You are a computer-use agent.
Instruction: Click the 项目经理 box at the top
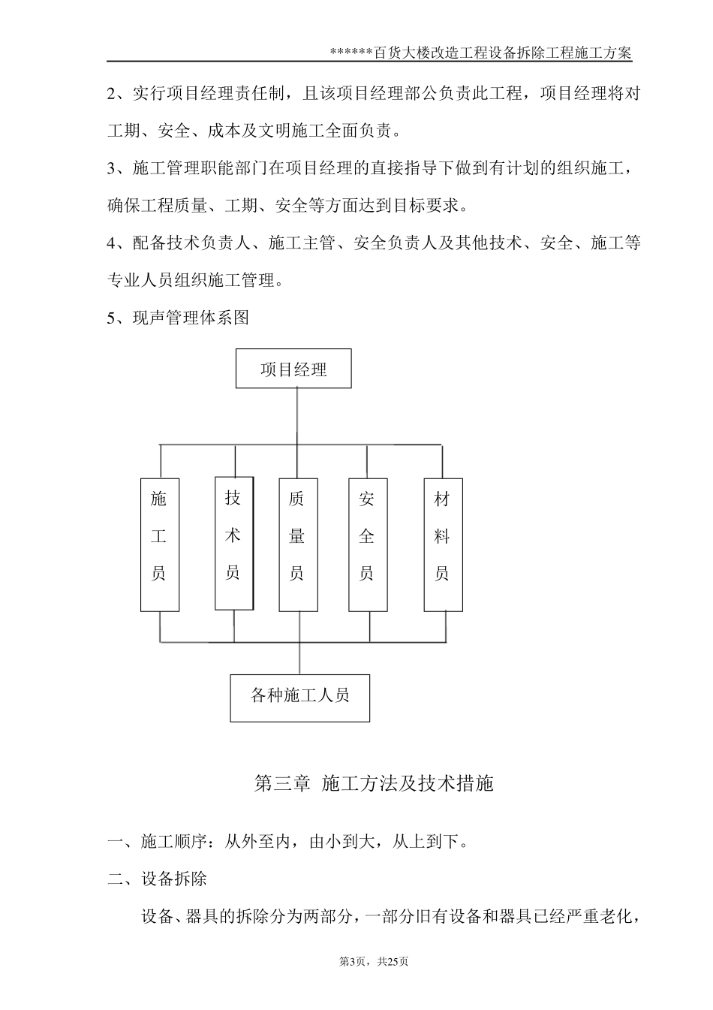(x=293, y=369)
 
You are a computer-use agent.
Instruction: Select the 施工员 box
(x=159, y=544)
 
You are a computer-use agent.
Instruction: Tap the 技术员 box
(x=233, y=543)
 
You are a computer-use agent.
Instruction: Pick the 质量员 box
(x=298, y=544)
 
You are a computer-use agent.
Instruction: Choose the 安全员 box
(x=368, y=544)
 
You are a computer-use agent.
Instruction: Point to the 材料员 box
(x=443, y=544)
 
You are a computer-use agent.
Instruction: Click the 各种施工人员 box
(x=299, y=695)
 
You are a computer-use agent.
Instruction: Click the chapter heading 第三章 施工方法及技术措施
(x=374, y=784)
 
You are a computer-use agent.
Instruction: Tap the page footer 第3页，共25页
(x=373, y=961)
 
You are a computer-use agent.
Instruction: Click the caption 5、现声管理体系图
(x=177, y=318)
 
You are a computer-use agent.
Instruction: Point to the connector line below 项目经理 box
(x=298, y=416)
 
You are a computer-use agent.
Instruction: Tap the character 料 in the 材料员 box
(x=442, y=536)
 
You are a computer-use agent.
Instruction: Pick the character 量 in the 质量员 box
(x=297, y=536)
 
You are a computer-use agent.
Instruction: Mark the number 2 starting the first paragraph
(x=112, y=95)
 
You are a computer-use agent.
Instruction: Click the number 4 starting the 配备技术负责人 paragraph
(x=112, y=243)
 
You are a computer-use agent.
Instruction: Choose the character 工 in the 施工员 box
(x=158, y=536)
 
